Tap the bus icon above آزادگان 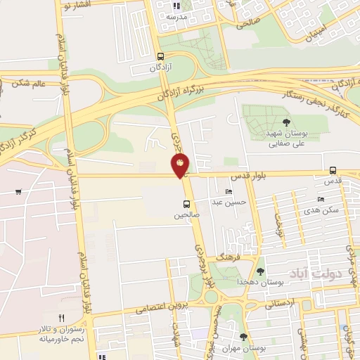pyautogui.click(x=161, y=57)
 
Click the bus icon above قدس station pyautogui.click(x=333, y=169)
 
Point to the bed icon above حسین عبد pyautogui.click(x=229, y=192)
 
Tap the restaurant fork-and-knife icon pyautogui.click(x=62, y=318)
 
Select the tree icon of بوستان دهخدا pyautogui.click(x=260, y=271)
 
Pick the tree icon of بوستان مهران pyautogui.click(x=243, y=336)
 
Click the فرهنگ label pyautogui.click(x=227, y=259)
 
